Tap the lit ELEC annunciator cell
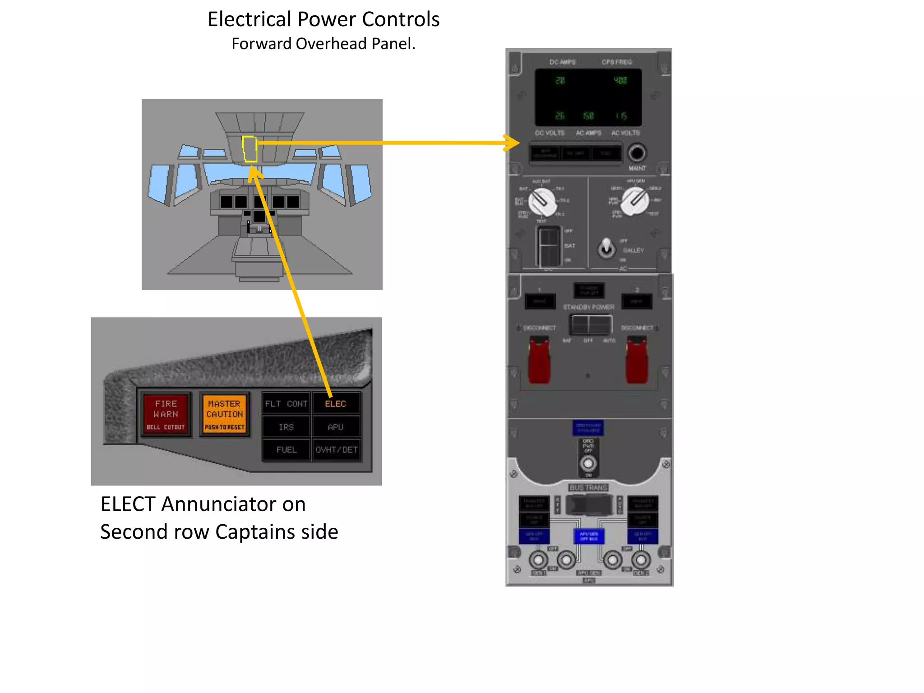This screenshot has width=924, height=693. coord(335,404)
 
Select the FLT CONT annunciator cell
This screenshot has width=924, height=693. coord(286,404)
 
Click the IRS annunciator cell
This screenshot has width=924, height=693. coord(286,427)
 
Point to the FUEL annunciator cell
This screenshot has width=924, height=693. coord(286,450)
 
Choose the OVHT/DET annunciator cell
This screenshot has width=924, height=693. coord(337,450)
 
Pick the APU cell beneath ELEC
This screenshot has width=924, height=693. coord(335,427)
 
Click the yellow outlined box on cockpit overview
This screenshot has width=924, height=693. coord(249,149)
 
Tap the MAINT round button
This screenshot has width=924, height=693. coord(637,153)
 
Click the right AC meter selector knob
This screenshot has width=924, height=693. coord(635,201)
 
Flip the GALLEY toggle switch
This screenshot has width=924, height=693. coord(607,248)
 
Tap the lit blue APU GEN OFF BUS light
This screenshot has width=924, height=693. coord(589,536)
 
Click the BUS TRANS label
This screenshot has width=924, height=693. coord(589,488)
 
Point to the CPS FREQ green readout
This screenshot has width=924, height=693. coord(620,80)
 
